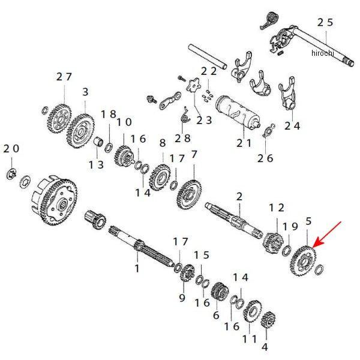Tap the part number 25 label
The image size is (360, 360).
325,22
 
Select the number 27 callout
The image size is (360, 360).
64,77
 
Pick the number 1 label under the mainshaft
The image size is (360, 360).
137,268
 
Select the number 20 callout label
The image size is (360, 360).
11,148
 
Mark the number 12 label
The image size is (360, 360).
276,208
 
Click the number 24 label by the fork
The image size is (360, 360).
292,126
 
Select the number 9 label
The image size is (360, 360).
182,297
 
